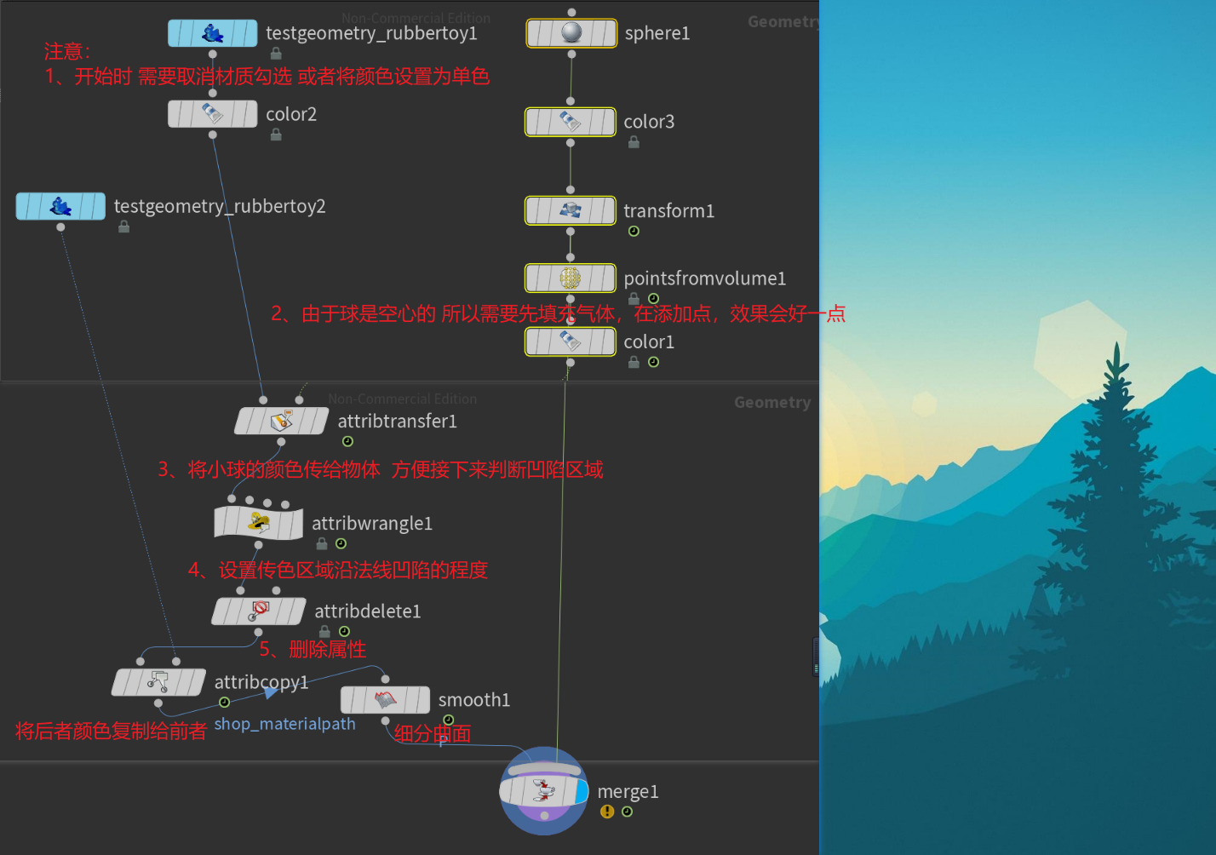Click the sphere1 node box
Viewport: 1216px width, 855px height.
[571, 33]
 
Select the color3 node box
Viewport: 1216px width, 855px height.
[570, 122]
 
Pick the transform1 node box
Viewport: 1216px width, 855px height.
[570, 210]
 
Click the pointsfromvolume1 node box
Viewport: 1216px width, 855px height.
[570, 278]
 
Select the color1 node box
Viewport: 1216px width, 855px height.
[570, 341]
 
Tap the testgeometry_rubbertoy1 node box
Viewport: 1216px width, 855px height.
[212, 33]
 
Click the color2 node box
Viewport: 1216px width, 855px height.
[212, 113]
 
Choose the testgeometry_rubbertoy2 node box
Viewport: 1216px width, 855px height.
[60, 206]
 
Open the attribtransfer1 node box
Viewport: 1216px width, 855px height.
[281, 421]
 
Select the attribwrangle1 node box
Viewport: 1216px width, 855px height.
[258, 523]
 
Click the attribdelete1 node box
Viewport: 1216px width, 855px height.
[258, 611]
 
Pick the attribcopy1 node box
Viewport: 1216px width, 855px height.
[158, 682]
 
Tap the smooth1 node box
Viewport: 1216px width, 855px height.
[385, 700]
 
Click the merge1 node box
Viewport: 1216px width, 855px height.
[543, 791]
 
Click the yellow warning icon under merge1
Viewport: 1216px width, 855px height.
[606, 812]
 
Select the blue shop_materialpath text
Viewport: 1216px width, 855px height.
[284, 724]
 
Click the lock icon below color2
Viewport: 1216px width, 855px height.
[276, 135]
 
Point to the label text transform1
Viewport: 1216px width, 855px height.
[668, 210]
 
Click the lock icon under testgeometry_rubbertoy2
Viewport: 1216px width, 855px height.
[124, 227]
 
